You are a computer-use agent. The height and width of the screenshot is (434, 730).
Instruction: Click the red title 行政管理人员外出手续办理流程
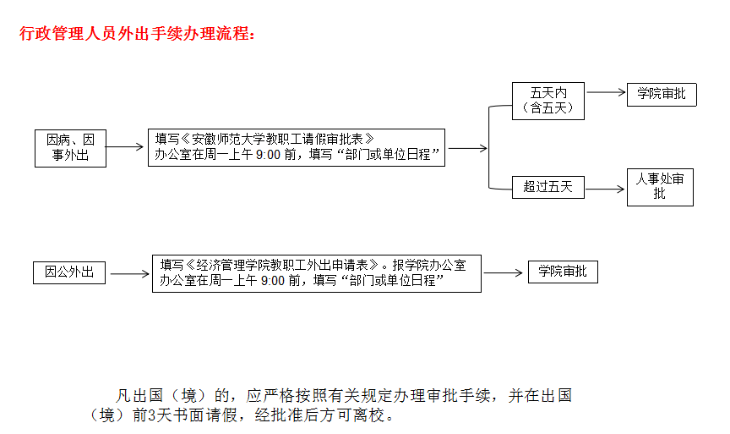pos(137,34)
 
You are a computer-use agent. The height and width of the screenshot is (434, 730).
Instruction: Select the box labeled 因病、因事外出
pos(70,148)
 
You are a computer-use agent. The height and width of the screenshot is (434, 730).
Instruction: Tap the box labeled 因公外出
pos(69,272)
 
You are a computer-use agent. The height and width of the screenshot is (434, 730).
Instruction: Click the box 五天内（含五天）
pos(548,101)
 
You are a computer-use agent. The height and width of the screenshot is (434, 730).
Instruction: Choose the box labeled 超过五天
pos(548,188)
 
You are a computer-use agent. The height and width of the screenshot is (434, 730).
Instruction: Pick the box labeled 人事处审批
pos(660,187)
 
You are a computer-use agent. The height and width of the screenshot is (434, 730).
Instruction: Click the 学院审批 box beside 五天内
pos(662,95)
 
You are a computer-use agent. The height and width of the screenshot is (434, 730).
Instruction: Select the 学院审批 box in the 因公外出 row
pos(563,272)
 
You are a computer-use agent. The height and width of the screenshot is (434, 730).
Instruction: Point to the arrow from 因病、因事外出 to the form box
pos(125,147)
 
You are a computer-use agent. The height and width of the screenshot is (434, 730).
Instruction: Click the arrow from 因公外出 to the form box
pos(130,273)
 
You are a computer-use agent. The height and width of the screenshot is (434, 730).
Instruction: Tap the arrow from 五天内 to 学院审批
pos(606,92)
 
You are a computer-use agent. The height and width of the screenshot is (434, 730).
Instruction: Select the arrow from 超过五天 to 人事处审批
pos(605,189)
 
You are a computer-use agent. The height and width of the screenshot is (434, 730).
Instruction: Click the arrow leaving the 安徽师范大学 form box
pos(468,148)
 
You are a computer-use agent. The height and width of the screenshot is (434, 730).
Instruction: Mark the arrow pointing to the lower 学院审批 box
pos(504,272)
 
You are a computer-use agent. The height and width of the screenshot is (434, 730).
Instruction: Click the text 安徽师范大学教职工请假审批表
pos(277,139)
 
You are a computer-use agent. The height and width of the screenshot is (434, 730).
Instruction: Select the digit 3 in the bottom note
pos(152,415)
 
